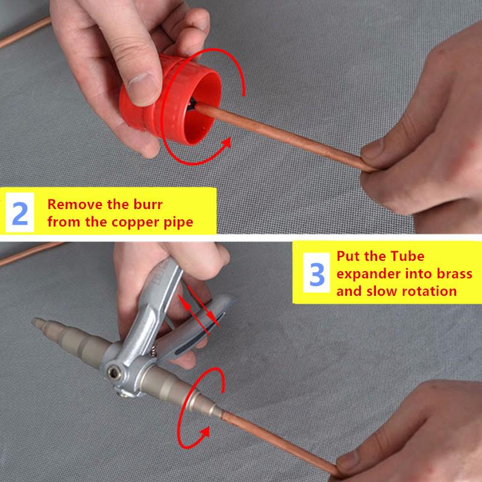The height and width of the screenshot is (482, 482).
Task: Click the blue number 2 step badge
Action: pyautogui.click(x=20, y=212)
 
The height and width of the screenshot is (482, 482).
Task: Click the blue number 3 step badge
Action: pyautogui.click(x=317, y=273)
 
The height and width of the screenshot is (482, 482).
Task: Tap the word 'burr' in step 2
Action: pyautogui.click(x=148, y=204)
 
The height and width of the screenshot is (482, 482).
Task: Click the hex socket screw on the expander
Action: pyautogui.click(x=113, y=373)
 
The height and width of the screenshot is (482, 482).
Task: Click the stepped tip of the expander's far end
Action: pyautogui.click(x=39, y=324)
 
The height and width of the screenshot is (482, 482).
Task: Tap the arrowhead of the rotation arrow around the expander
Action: pyautogui.click(x=204, y=433)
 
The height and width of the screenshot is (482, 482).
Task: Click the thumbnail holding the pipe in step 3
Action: pyautogui.click(x=348, y=462)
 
